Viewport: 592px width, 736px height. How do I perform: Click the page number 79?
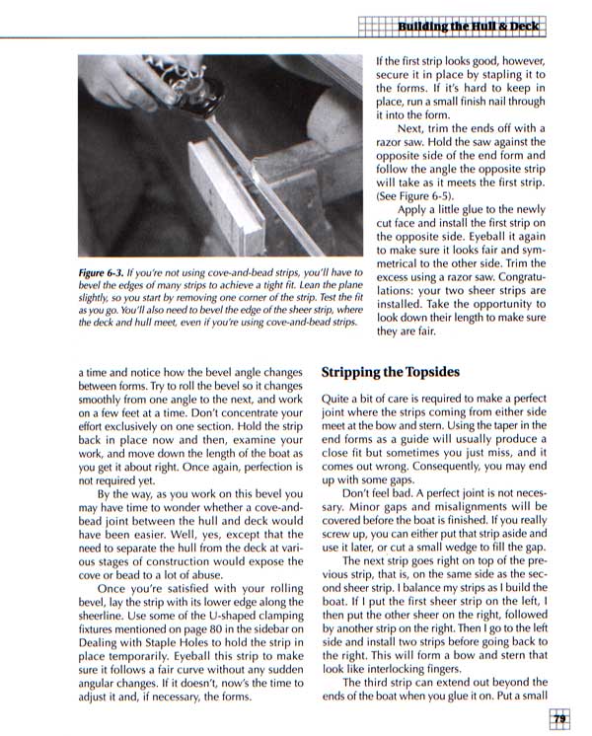click(558, 719)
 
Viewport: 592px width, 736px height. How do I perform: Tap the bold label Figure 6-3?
click(107, 272)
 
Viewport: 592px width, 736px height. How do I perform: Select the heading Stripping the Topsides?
click(393, 373)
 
